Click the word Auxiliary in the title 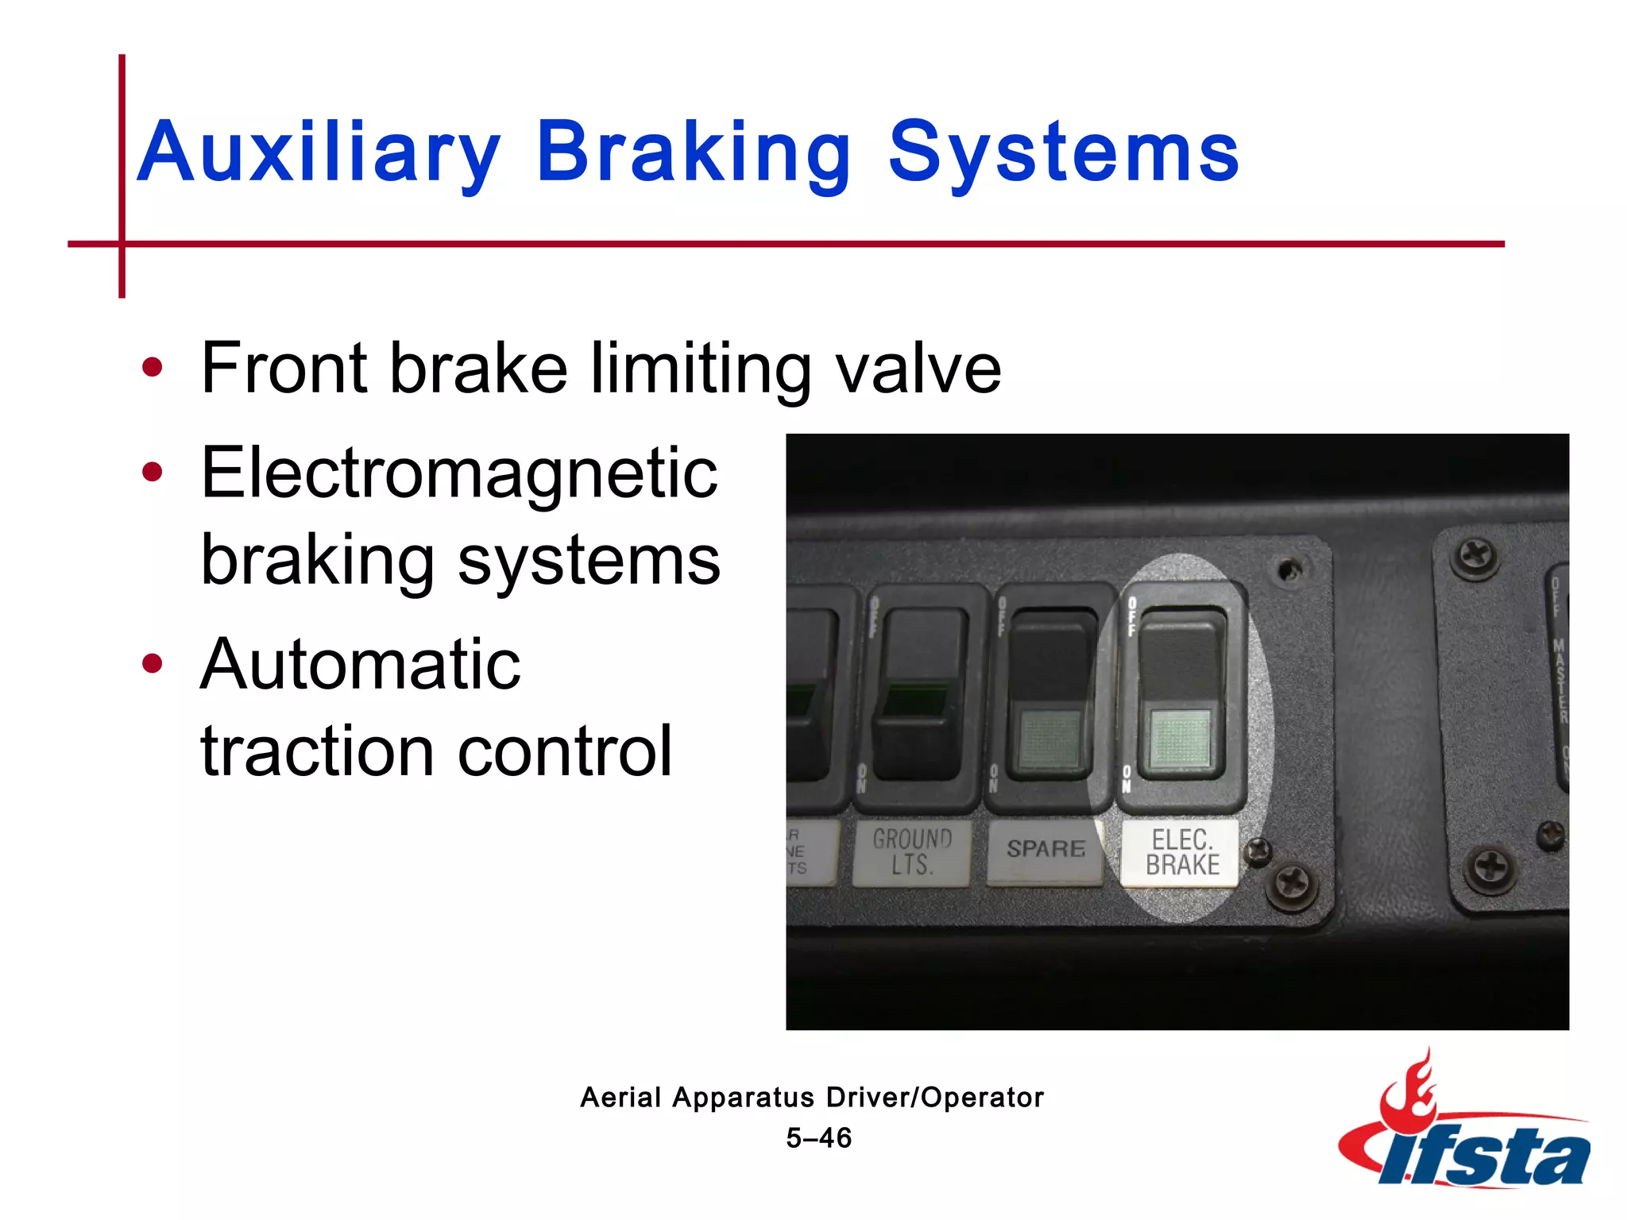coord(318,152)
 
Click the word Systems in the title coord(1062,152)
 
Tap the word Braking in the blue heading coord(693,152)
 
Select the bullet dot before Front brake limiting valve coord(152,368)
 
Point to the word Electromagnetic coord(459,473)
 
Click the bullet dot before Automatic coord(152,663)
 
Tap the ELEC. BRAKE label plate coord(1181,853)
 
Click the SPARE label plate coord(1045,850)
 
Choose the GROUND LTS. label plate coord(911,853)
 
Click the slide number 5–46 coord(818,1138)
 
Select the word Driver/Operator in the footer coord(934,1098)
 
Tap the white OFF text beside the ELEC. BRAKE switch coord(1132,617)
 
